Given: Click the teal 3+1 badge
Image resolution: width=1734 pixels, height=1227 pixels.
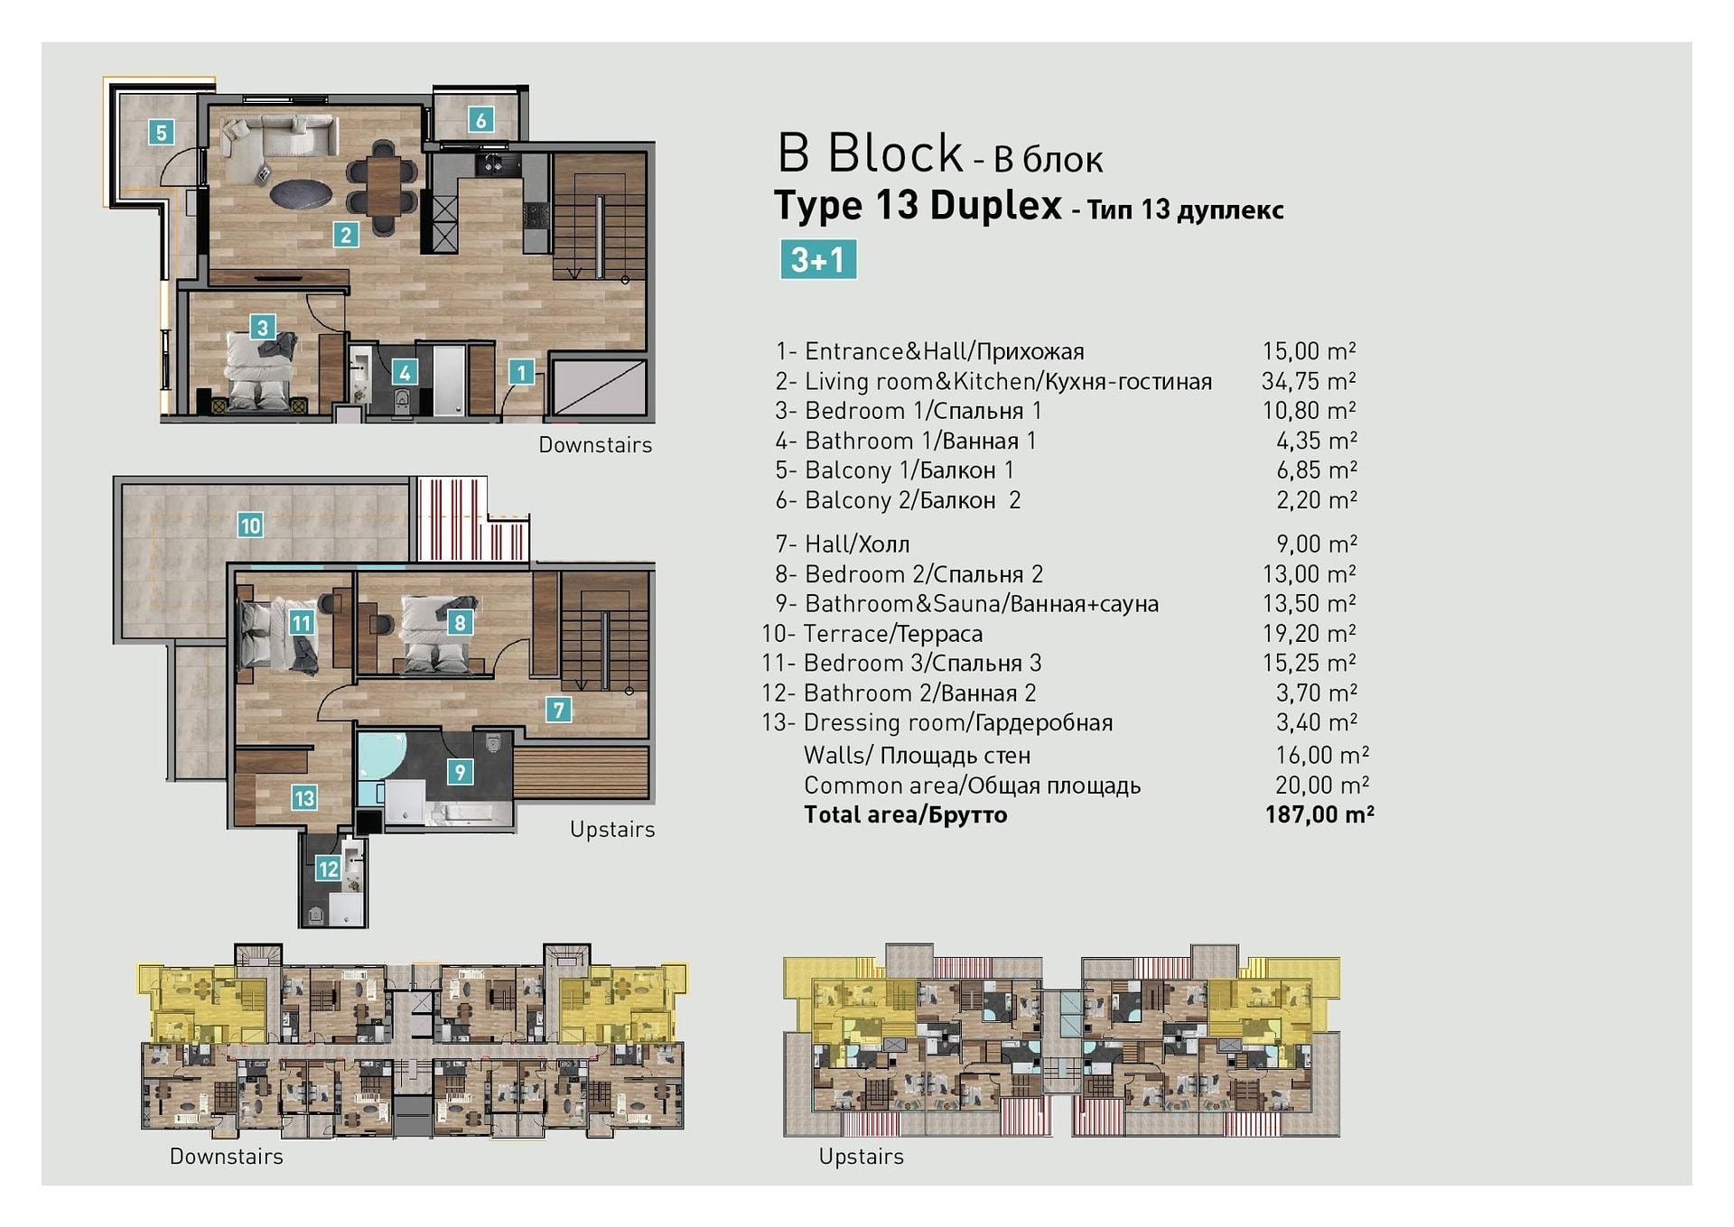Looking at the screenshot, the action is click(818, 259).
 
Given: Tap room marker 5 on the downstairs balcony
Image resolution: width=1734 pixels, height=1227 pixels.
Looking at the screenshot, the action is click(162, 133).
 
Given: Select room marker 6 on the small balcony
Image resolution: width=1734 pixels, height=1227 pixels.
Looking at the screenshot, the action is click(480, 119).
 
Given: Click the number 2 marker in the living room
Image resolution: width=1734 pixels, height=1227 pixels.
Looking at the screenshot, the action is click(346, 235).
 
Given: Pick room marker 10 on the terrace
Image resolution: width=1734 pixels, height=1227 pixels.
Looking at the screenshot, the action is click(250, 525).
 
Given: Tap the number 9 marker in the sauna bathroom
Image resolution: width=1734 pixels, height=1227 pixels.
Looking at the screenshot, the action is click(461, 772).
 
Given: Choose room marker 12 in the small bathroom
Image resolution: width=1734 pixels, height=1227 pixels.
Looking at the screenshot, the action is click(327, 869).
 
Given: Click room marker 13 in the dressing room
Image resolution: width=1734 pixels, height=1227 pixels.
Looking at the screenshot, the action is click(303, 798).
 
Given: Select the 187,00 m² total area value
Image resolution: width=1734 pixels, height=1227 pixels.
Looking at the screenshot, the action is click(1319, 814).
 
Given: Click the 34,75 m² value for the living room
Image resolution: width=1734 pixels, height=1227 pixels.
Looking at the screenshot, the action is click(1309, 381).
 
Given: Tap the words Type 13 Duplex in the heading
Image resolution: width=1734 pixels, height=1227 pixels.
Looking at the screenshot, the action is click(918, 206).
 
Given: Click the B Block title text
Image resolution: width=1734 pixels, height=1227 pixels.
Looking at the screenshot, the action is click(870, 153).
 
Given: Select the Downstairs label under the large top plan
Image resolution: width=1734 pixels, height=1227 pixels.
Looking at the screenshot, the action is click(595, 445).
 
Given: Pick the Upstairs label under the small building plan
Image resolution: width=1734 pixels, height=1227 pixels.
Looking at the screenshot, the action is click(861, 1157).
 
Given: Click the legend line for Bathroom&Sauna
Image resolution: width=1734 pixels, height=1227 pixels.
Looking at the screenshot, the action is click(966, 604).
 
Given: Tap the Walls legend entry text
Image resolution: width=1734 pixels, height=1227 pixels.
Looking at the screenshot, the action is click(917, 755).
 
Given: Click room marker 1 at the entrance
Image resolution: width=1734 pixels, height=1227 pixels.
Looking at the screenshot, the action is click(521, 371).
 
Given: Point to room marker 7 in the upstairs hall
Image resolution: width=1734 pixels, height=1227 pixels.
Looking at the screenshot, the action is click(559, 710).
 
